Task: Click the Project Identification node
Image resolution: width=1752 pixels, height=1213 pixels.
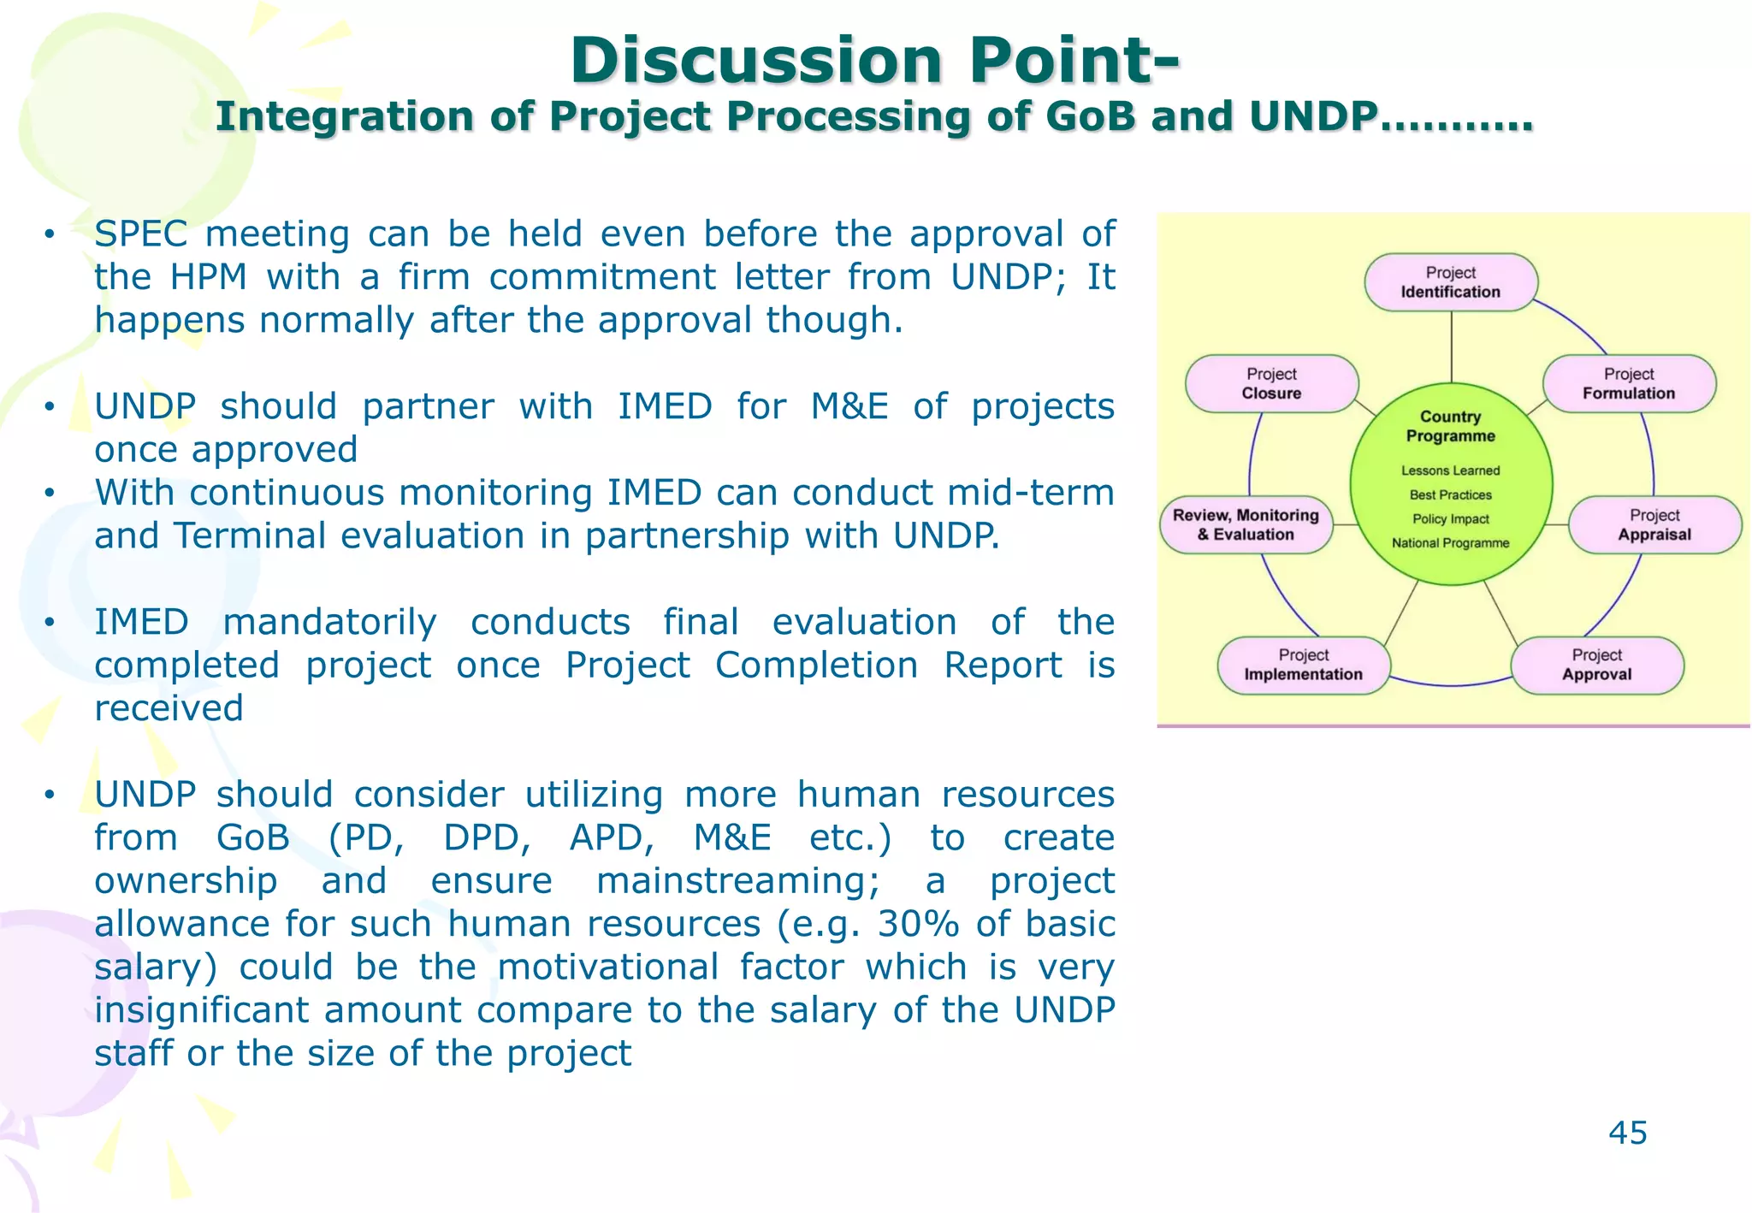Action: click(x=1451, y=282)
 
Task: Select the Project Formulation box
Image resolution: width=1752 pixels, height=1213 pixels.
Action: click(x=1629, y=384)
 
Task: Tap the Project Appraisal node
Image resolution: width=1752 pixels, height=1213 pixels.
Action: click(x=1654, y=525)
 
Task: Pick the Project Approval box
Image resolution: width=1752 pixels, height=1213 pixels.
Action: click(x=1596, y=665)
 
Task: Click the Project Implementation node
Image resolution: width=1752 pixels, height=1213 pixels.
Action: click(x=1303, y=665)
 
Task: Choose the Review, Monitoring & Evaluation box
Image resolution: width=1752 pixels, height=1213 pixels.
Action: click(x=1246, y=525)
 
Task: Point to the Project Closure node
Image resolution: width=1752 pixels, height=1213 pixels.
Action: click(x=1271, y=384)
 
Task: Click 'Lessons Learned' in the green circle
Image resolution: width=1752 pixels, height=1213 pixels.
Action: click(x=1450, y=470)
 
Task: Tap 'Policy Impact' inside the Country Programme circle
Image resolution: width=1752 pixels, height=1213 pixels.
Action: click(x=1450, y=519)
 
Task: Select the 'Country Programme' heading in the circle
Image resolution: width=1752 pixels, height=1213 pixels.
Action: click(x=1450, y=426)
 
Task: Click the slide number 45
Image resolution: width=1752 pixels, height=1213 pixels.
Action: click(x=1627, y=1133)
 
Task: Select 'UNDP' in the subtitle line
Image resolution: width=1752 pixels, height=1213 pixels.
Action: click(x=1313, y=117)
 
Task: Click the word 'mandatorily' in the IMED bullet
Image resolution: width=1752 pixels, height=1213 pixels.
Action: click(x=329, y=622)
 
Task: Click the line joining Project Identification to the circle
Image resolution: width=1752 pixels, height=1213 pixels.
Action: click(x=1451, y=346)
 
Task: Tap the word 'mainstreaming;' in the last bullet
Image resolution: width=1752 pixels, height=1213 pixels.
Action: click(x=737, y=881)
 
